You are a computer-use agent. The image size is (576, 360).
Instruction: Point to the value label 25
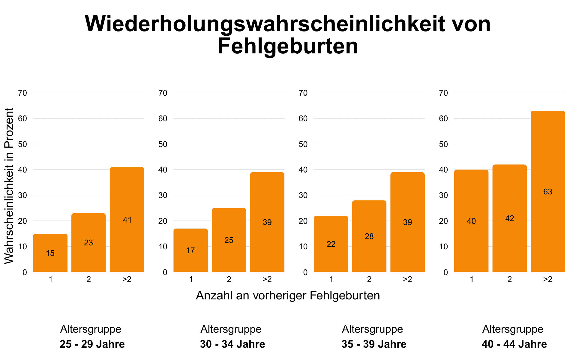click(229, 240)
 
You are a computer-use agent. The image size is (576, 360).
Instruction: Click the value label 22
click(331, 244)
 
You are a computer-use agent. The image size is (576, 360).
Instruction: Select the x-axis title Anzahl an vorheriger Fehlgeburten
click(288, 295)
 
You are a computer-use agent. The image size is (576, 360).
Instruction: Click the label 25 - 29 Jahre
click(92, 344)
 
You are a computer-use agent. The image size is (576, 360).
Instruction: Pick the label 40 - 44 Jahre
click(514, 344)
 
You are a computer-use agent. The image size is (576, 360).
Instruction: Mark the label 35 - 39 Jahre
click(374, 344)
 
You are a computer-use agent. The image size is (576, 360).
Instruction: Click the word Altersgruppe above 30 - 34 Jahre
click(231, 329)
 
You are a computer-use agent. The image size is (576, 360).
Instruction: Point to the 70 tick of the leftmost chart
click(22, 93)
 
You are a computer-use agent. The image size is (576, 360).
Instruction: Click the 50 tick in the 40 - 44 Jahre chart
click(443, 144)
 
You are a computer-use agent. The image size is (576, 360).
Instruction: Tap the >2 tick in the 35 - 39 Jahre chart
click(407, 279)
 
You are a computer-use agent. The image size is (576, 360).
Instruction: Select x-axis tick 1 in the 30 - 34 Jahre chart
click(191, 279)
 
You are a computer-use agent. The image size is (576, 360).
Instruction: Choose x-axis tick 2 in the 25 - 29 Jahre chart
click(88, 279)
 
